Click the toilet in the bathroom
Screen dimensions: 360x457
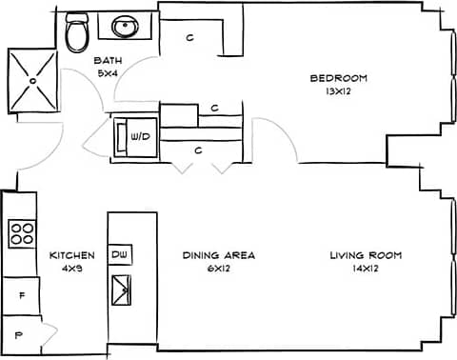[x=78, y=33]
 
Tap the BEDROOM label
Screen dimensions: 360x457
[x=338, y=78]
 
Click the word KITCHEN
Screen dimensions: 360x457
[x=71, y=255]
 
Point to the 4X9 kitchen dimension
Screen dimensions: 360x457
[x=71, y=270]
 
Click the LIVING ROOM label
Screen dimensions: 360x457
[x=366, y=255]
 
